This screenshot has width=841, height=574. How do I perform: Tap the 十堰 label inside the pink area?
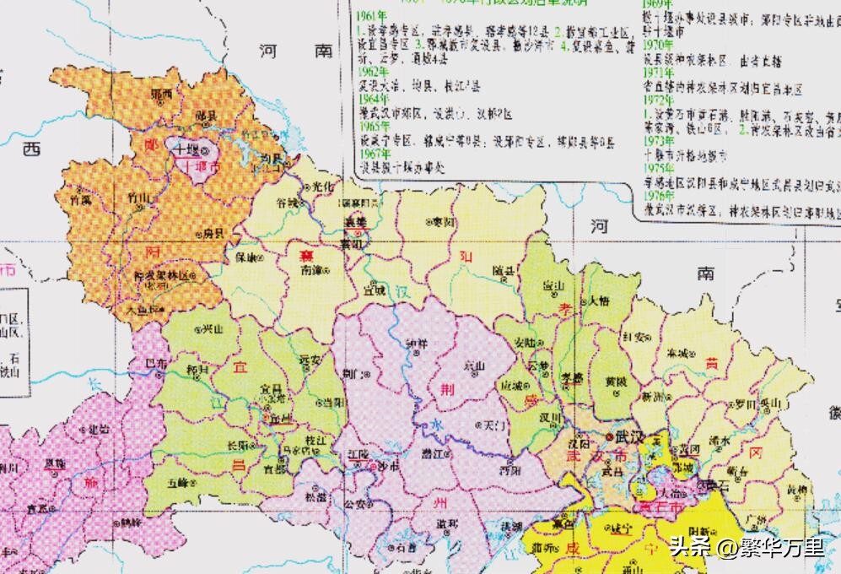click(186, 148)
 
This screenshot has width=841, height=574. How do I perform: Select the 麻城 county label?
click(679, 352)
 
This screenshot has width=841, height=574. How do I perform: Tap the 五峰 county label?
click(179, 484)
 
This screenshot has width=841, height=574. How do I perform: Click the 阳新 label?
click(702, 530)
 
